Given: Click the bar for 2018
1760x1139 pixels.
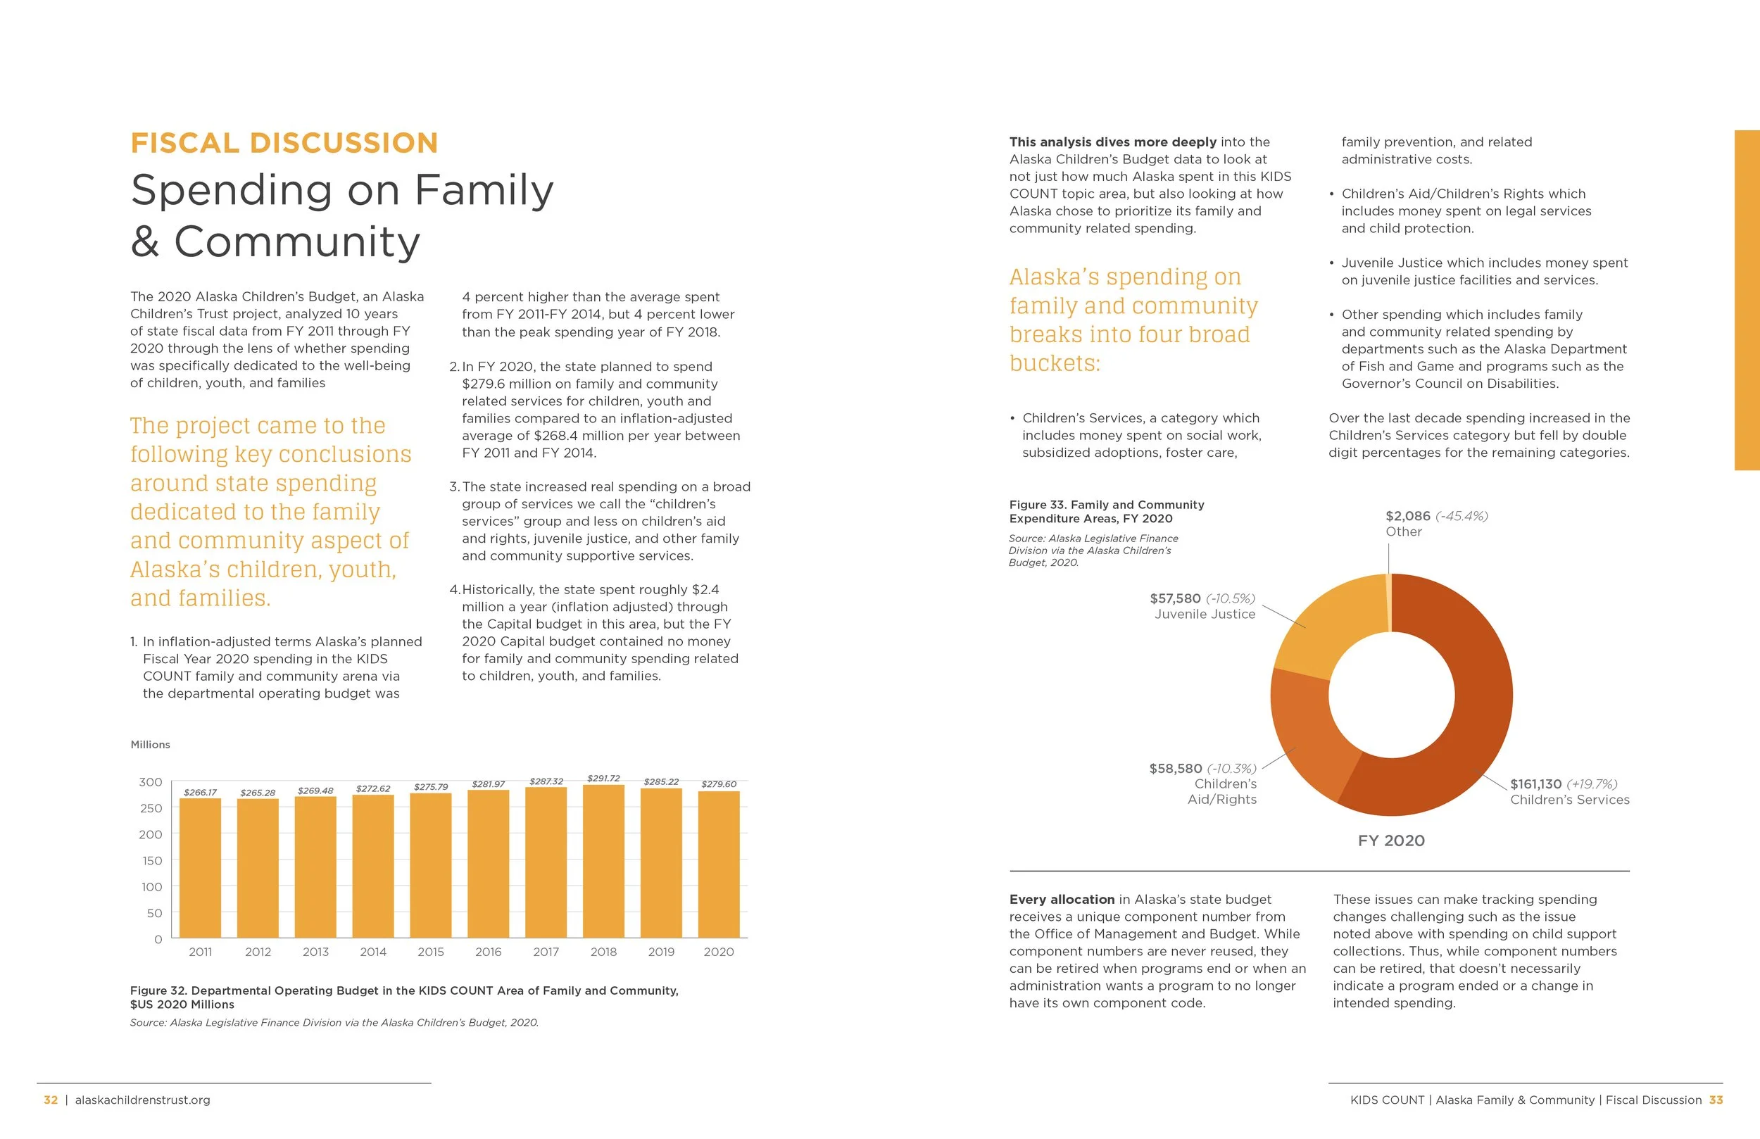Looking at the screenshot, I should tap(603, 862).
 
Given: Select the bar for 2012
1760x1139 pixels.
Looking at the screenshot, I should tap(258, 869).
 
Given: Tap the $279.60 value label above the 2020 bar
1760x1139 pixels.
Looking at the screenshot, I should tap(719, 784).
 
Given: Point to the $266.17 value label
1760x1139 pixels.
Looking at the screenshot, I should tap(201, 792).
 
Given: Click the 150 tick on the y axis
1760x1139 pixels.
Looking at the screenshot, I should tap(151, 861).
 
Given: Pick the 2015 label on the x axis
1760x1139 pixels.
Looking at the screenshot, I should tap(430, 952).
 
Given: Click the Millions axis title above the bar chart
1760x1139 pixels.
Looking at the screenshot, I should tap(150, 745).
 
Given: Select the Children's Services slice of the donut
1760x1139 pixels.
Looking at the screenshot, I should tap(1471, 710).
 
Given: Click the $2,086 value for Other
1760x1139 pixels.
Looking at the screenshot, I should tap(1407, 516).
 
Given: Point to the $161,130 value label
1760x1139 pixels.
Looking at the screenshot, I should tap(1535, 784).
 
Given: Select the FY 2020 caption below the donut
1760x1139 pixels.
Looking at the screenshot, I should tap(1391, 841).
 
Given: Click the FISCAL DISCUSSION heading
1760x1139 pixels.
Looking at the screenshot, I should tap(284, 143).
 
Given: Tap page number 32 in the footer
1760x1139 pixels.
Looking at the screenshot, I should tap(50, 1100).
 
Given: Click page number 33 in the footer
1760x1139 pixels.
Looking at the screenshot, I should tap(1716, 1100).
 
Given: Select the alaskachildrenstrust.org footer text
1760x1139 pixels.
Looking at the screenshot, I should tap(143, 1100).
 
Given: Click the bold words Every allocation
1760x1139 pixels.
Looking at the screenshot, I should tap(1061, 900).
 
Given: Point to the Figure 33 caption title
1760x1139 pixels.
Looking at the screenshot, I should tap(1106, 512).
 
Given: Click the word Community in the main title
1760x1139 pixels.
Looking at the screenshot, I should tap(296, 242).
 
